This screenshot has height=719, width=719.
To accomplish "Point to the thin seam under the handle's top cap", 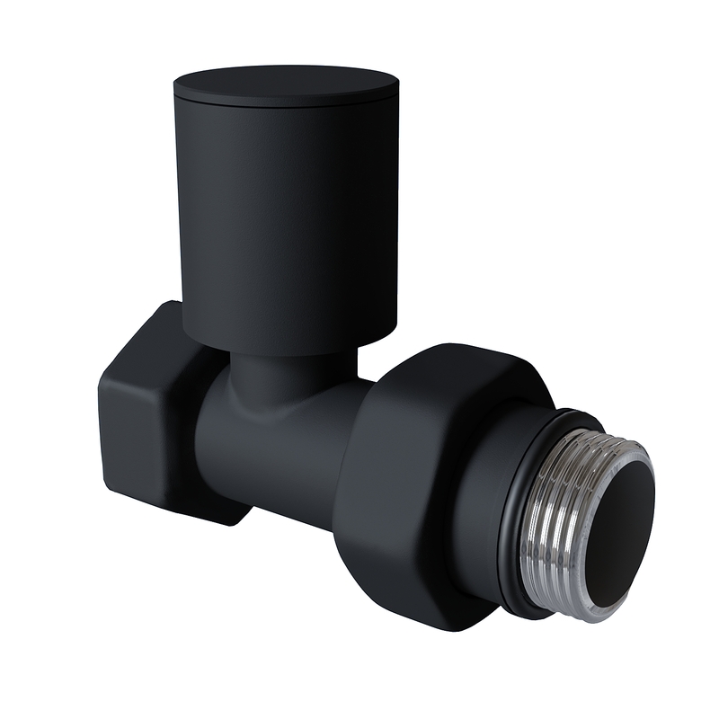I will click(x=286, y=102).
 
